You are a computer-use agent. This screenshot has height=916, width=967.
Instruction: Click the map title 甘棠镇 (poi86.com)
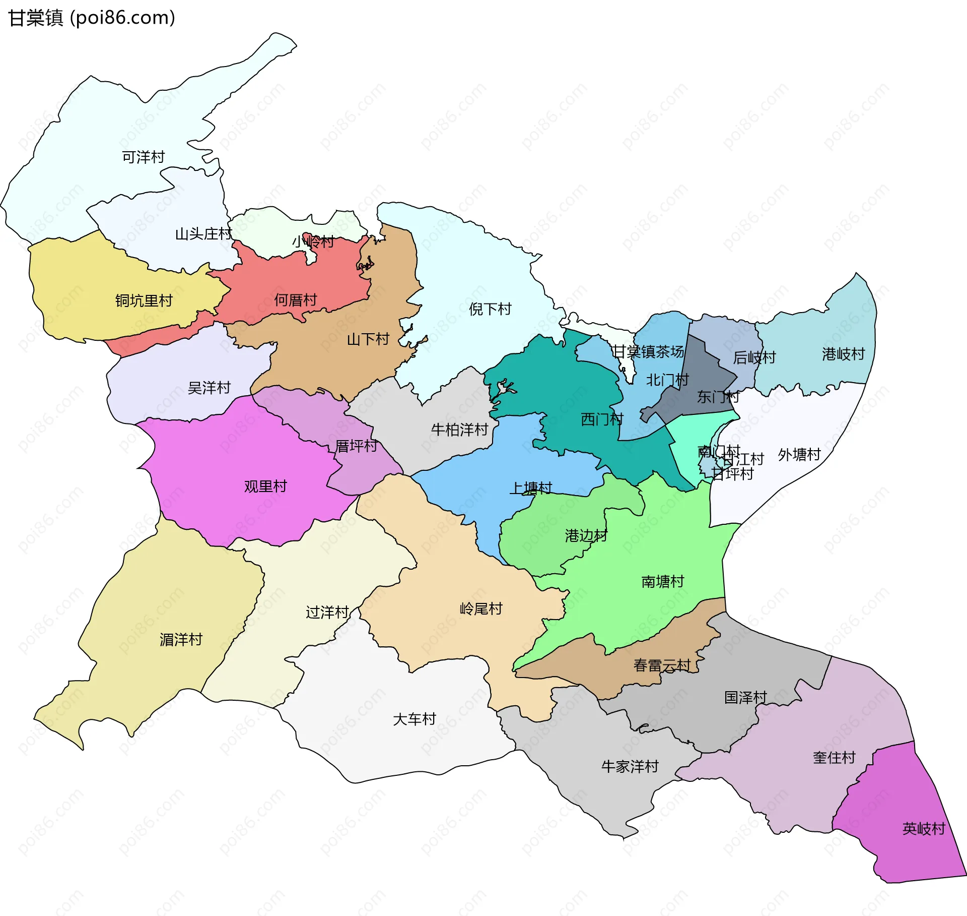click(x=92, y=18)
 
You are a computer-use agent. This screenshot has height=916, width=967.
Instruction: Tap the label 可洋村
click(x=144, y=157)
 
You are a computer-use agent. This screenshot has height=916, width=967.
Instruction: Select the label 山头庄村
click(x=203, y=234)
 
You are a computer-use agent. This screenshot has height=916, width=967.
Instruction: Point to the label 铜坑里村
click(x=144, y=301)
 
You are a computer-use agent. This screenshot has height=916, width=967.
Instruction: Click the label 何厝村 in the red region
click(x=296, y=300)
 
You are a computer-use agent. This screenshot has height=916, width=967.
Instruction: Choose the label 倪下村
click(x=490, y=309)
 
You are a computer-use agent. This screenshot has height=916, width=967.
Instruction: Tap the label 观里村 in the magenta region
click(x=265, y=486)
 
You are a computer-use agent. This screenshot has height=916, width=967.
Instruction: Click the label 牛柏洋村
click(x=459, y=430)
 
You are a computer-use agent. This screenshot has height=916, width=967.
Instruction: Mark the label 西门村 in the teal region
click(x=602, y=419)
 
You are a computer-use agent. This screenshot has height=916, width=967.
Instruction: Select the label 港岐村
click(x=844, y=354)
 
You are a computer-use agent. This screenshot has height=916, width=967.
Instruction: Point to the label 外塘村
click(x=799, y=455)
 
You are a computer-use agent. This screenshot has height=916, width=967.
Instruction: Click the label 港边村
click(x=586, y=535)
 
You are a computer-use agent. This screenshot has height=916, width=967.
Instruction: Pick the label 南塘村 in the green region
click(x=663, y=582)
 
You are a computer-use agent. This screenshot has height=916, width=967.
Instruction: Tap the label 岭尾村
click(x=481, y=609)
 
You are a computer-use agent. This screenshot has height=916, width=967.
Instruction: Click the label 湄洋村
click(x=181, y=640)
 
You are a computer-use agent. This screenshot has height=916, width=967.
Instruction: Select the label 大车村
click(x=414, y=719)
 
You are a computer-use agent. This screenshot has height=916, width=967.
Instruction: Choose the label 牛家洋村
click(x=630, y=767)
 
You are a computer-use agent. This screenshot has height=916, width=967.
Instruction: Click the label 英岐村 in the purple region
click(x=924, y=829)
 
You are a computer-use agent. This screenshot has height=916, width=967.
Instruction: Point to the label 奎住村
click(x=834, y=757)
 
